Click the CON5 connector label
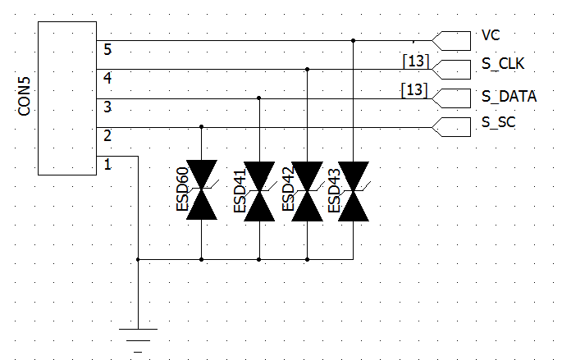coord(25,97)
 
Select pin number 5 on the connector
coord(107,49)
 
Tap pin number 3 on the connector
coord(107,107)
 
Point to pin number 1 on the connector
coord(107,164)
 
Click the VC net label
coord(491,35)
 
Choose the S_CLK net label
coord(503,64)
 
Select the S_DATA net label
coord(509,97)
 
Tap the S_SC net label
coord(499,122)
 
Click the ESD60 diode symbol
coord(202,190)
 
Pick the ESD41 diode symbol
coord(259,191)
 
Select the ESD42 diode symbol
coord(307,191)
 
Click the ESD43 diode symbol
coord(354,191)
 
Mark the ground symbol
coord(138,340)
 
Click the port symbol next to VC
coord(451,41)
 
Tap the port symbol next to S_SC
coord(451,127)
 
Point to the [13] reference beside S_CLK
coord(416,61)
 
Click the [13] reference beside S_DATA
coord(414,90)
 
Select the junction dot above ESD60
coord(202,126)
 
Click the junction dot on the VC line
coord(353,40)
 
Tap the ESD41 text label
coord(240,190)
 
